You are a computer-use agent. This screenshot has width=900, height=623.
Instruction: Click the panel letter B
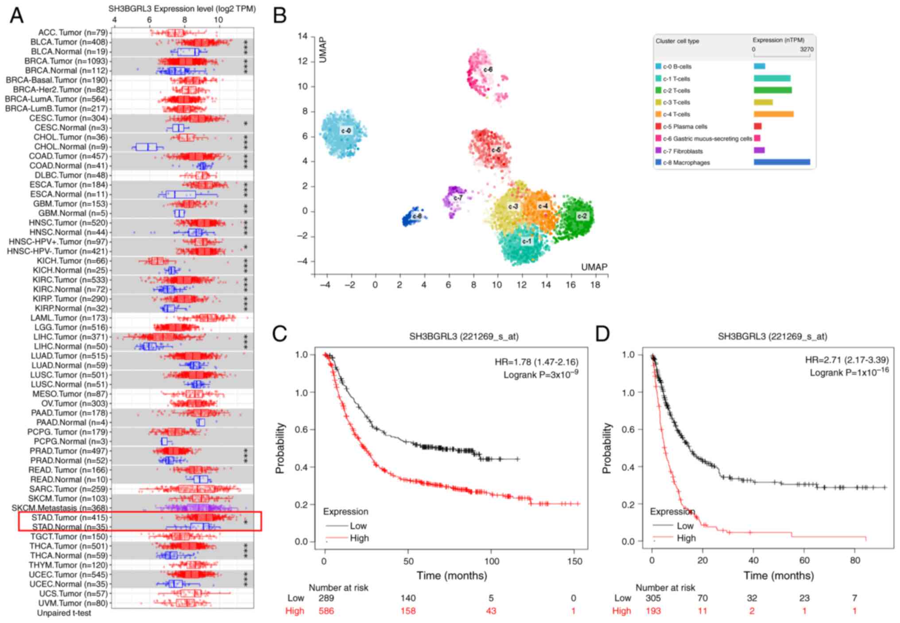280,16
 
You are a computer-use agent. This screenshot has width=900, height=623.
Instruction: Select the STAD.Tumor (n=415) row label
70,517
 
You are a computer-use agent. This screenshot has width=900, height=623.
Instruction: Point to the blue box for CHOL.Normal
147,147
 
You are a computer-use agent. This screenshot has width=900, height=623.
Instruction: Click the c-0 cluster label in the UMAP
346,131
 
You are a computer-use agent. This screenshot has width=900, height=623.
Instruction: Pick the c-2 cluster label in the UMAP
582,216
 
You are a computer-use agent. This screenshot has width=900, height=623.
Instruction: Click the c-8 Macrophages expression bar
782,163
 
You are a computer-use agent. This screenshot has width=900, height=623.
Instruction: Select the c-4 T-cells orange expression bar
773,114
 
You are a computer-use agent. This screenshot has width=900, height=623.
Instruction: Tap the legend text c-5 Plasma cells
685,127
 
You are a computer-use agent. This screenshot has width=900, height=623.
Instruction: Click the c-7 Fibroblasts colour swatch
658,151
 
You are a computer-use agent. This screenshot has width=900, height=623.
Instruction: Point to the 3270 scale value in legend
806,49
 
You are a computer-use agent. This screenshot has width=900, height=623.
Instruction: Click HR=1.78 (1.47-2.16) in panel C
536,362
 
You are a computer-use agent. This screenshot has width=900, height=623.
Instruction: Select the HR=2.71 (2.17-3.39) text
846,360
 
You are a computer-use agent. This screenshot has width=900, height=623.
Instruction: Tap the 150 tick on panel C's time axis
574,561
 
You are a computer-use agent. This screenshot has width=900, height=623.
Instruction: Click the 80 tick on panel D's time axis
855,560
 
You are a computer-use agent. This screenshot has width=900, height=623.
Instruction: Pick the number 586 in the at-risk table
326,611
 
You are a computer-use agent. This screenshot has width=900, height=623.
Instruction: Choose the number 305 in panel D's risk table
653,598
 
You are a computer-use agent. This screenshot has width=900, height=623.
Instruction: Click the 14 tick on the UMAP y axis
303,36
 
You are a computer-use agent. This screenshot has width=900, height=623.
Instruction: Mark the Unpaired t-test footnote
64,613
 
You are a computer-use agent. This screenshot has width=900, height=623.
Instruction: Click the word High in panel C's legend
359,538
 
